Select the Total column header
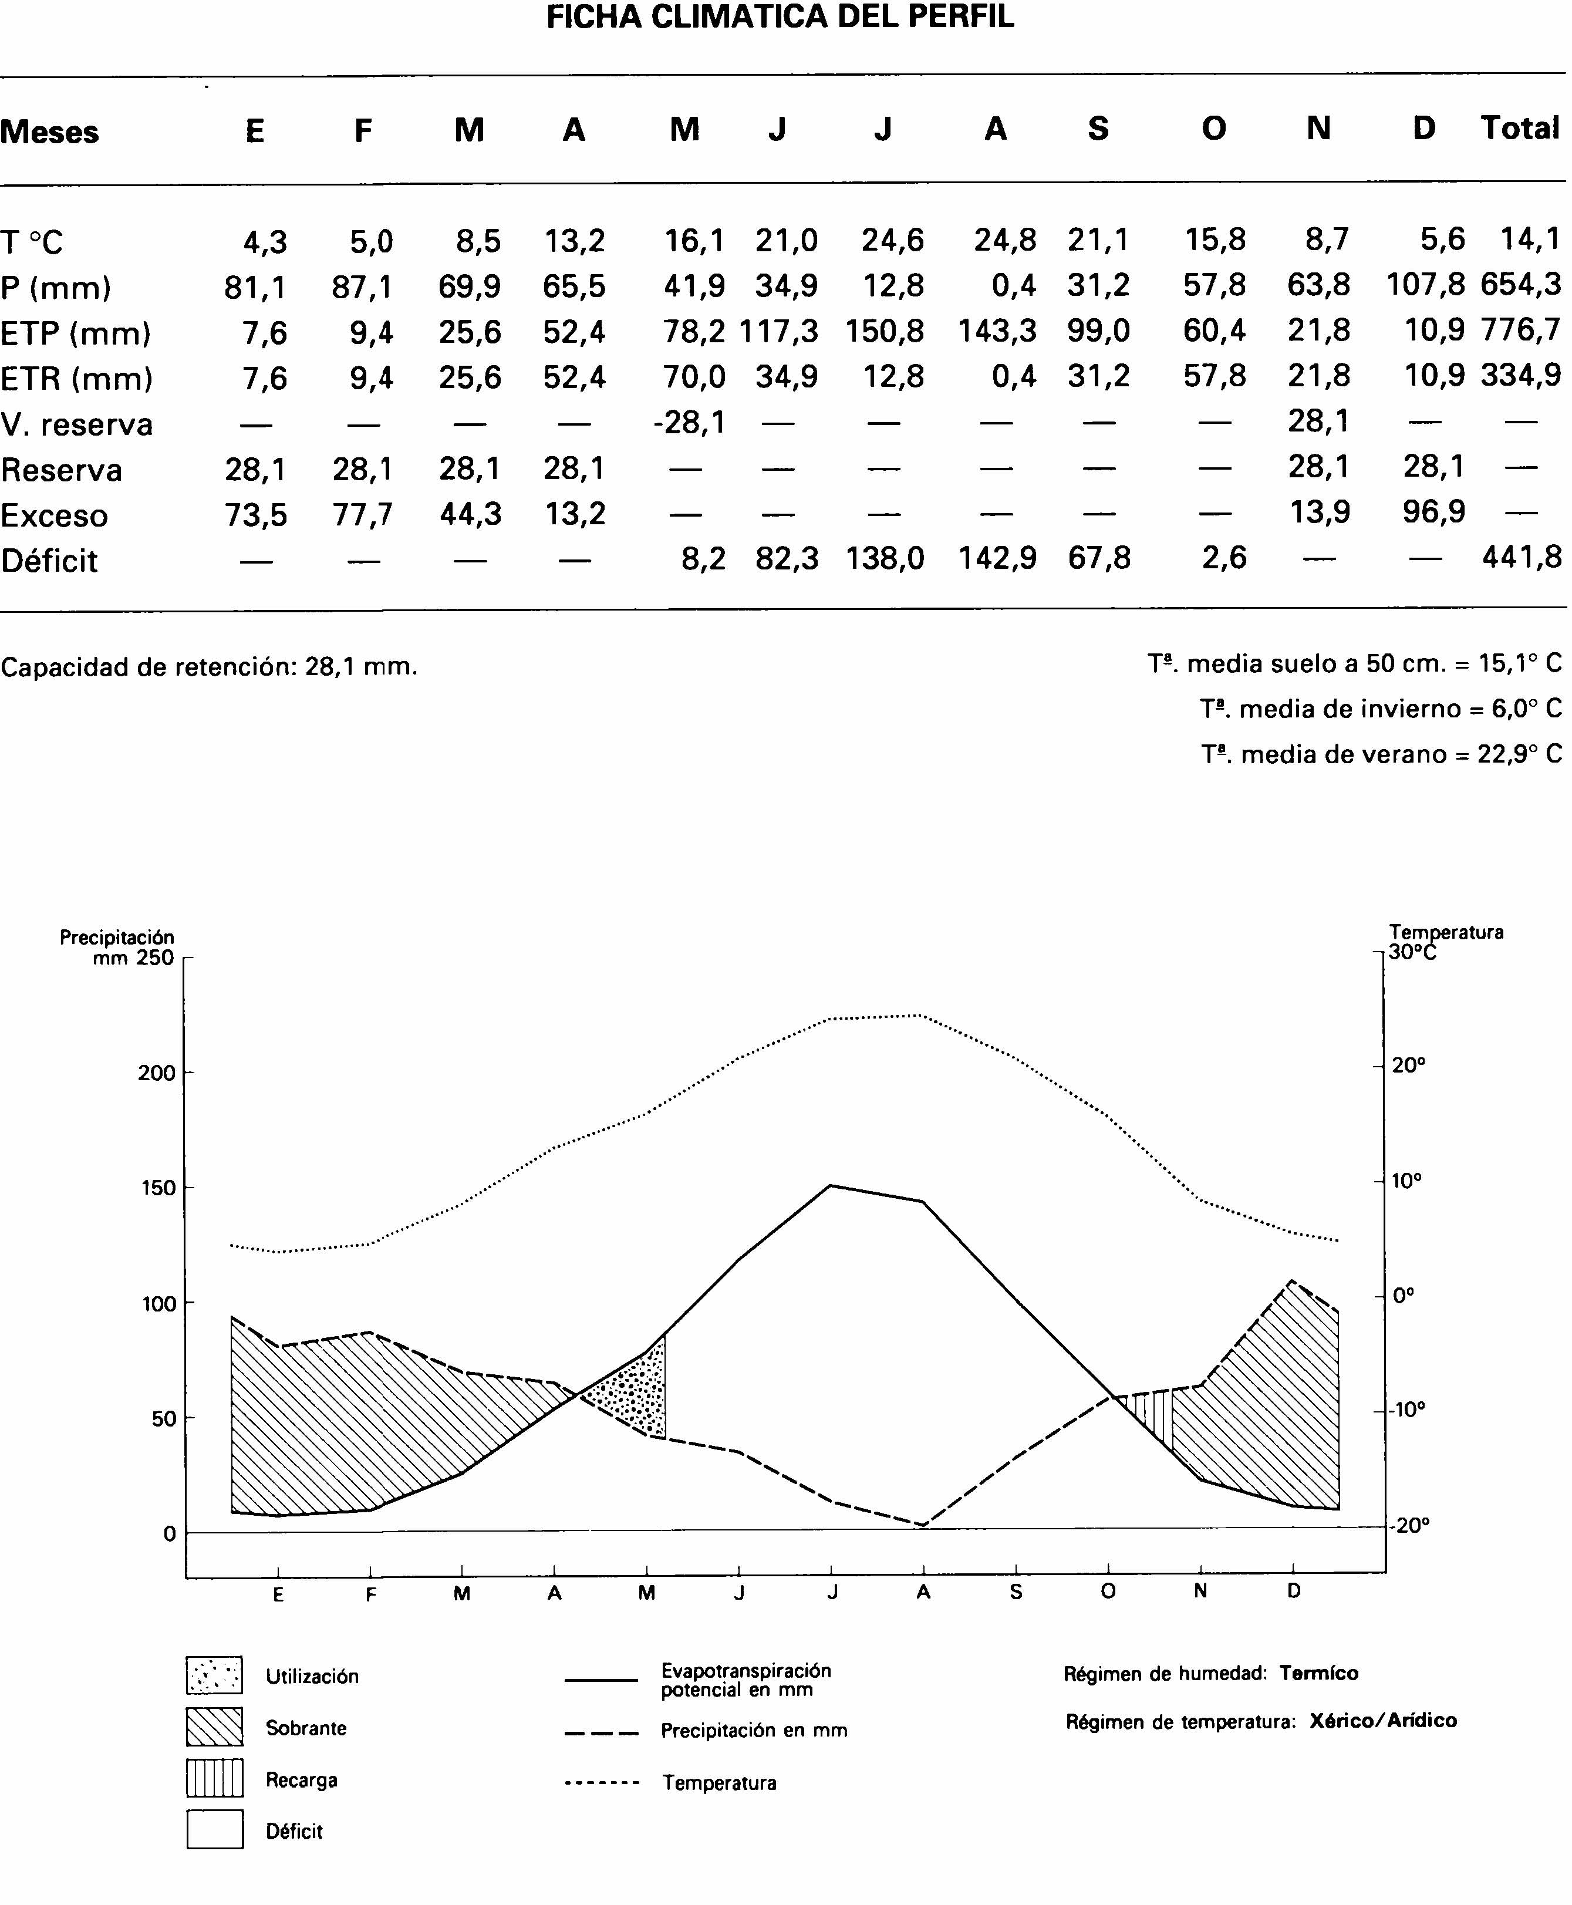1520,129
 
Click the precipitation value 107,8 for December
1425,285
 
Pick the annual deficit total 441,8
1522,558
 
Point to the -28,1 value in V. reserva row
689,422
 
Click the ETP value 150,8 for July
884,331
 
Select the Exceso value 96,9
1433,513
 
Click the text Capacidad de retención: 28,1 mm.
209,667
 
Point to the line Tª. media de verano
1382,754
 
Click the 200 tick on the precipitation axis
156,1074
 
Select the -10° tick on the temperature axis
1408,1410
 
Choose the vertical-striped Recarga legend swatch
215,1778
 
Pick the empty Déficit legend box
215,1829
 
